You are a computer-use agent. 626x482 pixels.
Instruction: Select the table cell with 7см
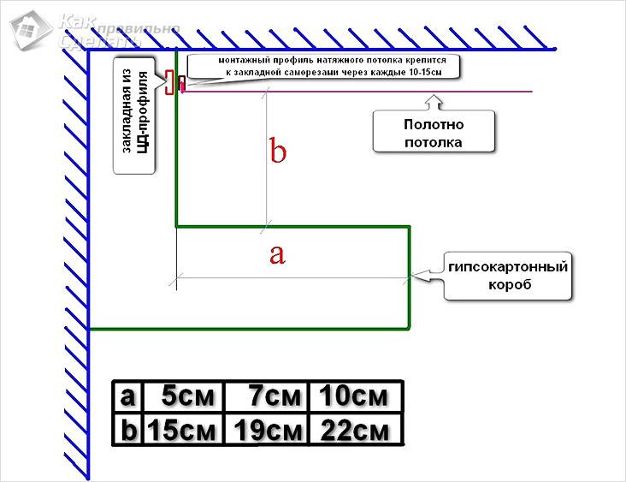point(267,397)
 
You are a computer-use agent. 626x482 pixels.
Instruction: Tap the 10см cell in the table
point(354,397)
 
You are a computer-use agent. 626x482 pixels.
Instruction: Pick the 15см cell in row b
point(181,429)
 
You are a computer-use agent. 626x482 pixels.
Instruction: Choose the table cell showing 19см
point(267,429)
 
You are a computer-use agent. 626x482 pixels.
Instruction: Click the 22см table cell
point(354,429)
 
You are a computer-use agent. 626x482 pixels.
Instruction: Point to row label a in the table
point(128,397)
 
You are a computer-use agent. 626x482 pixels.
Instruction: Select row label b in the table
point(128,429)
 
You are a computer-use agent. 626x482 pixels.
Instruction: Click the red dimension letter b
point(278,152)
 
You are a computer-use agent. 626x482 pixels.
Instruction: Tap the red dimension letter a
point(276,253)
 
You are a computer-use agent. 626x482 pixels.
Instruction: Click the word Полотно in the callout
point(434,125)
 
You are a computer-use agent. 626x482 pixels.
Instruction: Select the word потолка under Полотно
point(434,142)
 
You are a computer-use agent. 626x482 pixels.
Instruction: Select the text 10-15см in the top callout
point(424,74)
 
